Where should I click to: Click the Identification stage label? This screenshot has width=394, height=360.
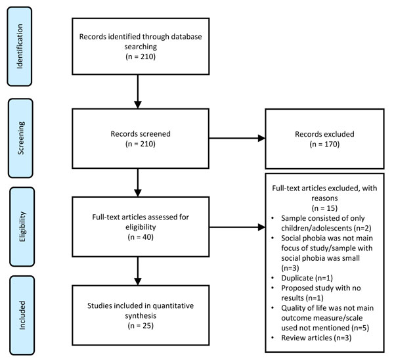[20, 46]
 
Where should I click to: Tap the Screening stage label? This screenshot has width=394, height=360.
[21, 138]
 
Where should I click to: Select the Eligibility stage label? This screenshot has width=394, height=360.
[22, 227]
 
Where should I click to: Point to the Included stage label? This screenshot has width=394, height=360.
[22, 315]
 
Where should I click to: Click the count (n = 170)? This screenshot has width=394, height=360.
[324, 144]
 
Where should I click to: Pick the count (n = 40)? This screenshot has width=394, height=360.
[141, 237]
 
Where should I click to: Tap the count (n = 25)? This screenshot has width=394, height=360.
[141, 326]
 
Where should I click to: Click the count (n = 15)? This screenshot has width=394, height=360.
[324, 208]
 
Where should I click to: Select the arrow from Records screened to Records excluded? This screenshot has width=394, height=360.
[237, 138]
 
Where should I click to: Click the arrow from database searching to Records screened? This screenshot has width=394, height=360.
[138, 91]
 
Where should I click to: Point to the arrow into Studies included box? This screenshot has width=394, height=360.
[138, 271]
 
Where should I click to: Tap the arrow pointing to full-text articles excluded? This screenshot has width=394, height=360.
[237, 227]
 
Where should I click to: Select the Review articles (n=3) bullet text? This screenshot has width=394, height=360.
[316, 338]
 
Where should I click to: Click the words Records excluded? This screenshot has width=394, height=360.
[324, 134]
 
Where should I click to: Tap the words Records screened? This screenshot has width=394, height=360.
[141, 134]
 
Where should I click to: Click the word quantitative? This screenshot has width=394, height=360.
[173, 305]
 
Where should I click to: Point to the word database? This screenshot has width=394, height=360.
[186, 36]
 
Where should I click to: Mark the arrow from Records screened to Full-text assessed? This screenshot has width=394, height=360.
[138, 183]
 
